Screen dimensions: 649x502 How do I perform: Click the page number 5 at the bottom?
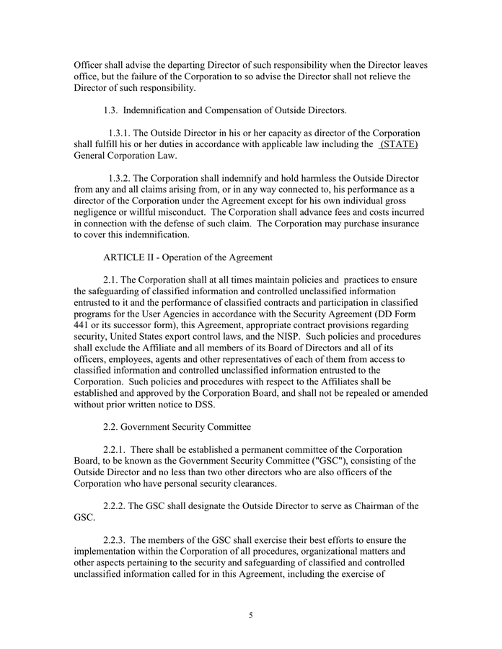pyautogui.click(x=250, y=615)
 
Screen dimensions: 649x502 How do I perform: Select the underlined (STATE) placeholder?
pyautogui.click(x=399, y=144)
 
